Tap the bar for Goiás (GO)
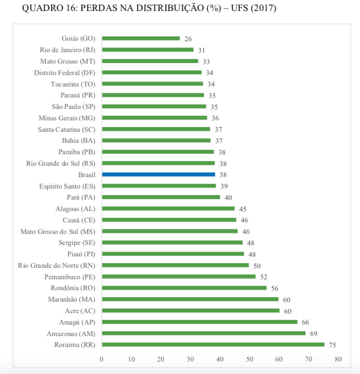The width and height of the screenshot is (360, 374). [141, 38]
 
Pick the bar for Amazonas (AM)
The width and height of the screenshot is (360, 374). [204, 333]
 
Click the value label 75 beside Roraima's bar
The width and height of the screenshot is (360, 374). [332, 345]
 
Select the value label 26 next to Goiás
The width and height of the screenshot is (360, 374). [188, 39]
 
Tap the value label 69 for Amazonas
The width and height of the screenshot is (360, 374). [314, 333]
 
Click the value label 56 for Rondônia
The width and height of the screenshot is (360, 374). [275, 288]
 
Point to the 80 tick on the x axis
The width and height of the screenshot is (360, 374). [338, 359]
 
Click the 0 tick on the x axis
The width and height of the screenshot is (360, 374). [102, 359]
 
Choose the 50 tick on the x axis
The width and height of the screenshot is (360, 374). [250, 359]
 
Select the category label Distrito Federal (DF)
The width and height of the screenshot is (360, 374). [65, 72]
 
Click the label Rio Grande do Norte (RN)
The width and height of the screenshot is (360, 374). [57, 265]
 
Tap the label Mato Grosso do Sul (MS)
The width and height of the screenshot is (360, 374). [58, 231]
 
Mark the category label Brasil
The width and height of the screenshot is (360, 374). [86, 174]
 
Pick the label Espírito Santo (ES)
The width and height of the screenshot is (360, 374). [67, 186]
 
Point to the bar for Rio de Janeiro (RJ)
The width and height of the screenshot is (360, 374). [147, 49]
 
